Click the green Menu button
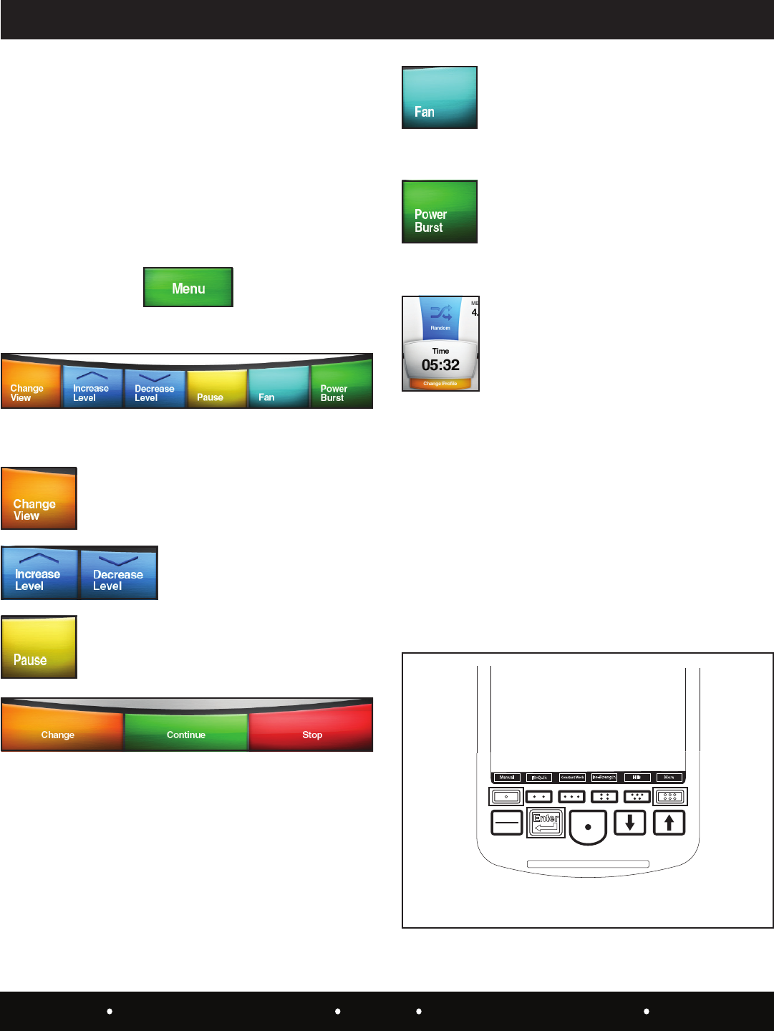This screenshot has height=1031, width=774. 188,287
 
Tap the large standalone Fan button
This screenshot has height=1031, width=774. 440,97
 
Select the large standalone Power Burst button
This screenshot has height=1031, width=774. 440,212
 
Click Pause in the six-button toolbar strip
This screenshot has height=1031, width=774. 216,387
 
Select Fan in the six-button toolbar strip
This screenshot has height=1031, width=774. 279,387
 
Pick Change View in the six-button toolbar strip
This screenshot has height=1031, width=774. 31,387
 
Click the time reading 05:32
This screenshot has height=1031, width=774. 440,365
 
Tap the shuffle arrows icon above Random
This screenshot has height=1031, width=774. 440,313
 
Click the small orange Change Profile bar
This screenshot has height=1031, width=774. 440,384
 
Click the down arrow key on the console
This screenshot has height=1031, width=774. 630,823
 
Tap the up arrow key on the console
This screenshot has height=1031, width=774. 669,823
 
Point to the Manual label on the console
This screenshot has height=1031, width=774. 507,778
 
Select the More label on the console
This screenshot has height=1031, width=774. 669,778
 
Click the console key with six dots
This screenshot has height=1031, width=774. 669,796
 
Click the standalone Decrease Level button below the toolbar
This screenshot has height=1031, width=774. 118,573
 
